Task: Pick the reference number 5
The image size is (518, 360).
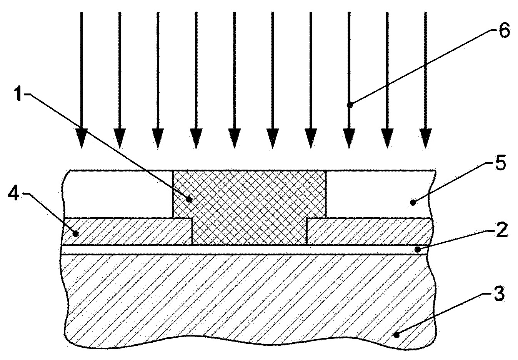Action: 500,163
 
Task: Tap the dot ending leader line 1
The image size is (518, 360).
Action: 189,199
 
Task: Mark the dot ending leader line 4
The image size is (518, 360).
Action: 75,234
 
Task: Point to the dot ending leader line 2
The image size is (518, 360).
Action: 417,250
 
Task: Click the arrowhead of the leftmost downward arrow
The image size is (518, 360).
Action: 82,138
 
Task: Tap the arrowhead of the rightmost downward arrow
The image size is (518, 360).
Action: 425,138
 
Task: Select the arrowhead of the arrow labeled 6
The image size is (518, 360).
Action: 349,138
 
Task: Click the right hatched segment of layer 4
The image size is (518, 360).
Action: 369,231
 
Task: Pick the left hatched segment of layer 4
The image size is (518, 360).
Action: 127,231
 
